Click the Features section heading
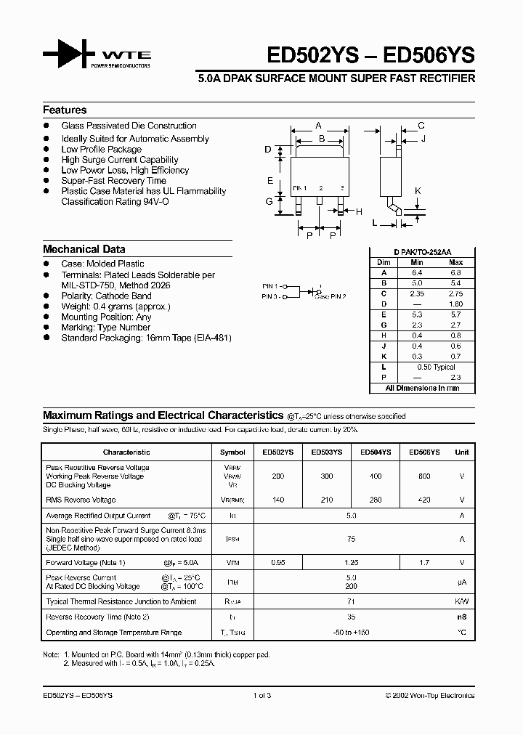click(x=65, y=110)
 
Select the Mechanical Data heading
click(x=84, y=249)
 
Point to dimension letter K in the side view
click(x=418, y=191)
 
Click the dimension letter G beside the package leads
click(x=269, y=201)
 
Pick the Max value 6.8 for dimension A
click(x=455, y=272)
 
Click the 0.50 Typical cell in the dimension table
click(x=436, y=367)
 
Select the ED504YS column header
click(x=375, y=452)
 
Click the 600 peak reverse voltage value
click(x=424, y=476)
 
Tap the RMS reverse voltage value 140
click(x=278, y=500)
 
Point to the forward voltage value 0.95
click(x=278, y=562)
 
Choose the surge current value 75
click(x=352, y=539)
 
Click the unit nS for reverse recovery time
click(x=461, y=617)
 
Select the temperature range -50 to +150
click(x=352, y=633)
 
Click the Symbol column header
click(x=232, y=452)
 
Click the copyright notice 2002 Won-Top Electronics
click(x=429, y=695)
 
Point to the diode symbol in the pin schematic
click(x=311, y=291)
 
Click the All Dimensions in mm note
click(x=422, y=389)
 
